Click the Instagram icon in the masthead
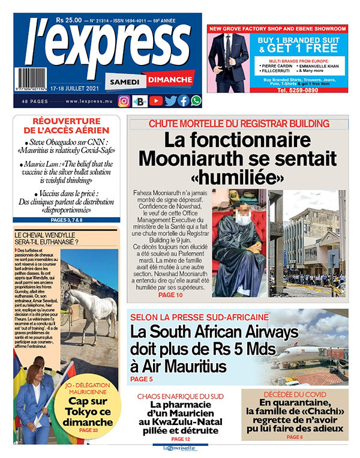(x=124, y=101)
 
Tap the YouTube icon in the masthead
(x=155, y=101)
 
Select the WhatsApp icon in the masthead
(x=196, y=101)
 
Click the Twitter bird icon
(x=170, y=101)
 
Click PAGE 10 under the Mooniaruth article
(x=170, y=295)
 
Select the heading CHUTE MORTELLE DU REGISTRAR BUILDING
(x=238, y=124)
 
